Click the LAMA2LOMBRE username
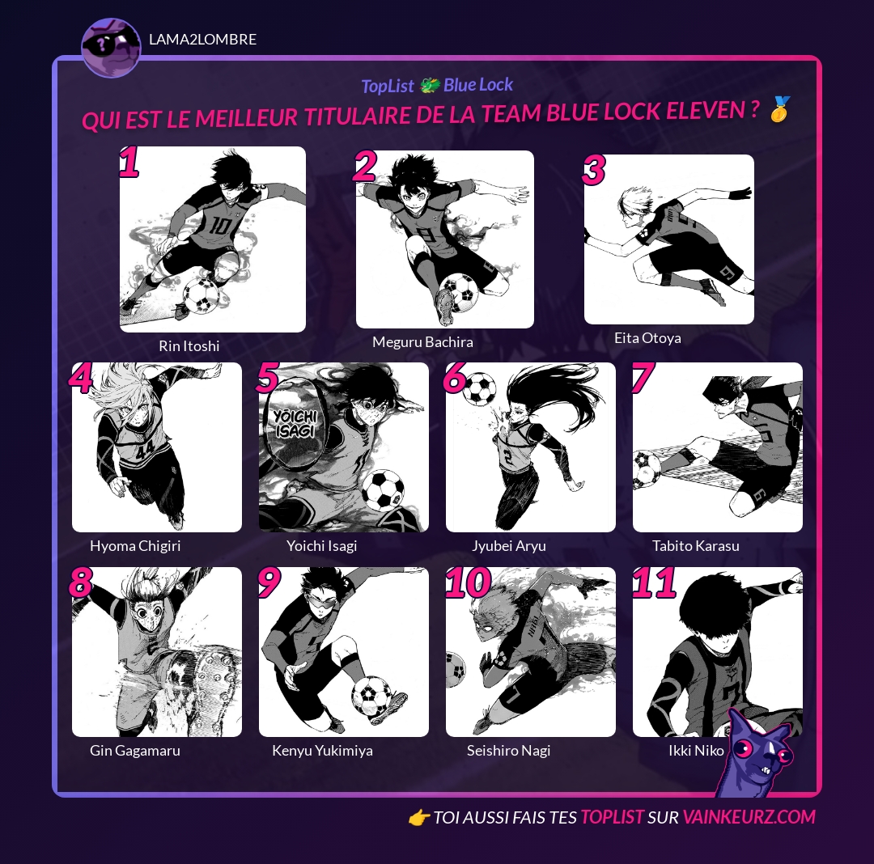(x=203, y=40)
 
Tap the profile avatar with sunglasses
(x=112, y=48)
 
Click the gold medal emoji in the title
(x=780, y=108)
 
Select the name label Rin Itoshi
(x=189, y=346)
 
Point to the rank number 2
(x=364, y=167)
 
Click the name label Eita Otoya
(x=647, y=338)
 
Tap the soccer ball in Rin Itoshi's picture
(x=202, y=295)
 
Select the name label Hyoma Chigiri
(x=135, y=546)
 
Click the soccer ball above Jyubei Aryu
(x=479, y=388)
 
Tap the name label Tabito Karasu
(x=696, y=546)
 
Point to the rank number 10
(x=469, y=582)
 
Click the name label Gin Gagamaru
(x=135, y=751)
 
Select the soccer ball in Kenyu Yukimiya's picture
(x=371, y=696)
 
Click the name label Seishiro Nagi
(x=508, y=751)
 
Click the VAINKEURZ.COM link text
(x=749, y=817)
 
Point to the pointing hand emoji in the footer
(x=418, y=818)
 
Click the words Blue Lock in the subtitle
(x=478, y=85)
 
